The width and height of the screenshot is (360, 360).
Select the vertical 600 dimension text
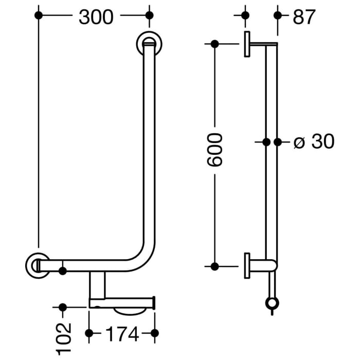(215, 149)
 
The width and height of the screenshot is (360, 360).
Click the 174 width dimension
(122, 334)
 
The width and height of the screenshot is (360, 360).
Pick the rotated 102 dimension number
(63, 339)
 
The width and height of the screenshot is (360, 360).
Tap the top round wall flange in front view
(149, 44)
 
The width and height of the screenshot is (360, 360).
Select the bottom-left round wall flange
(38, 265)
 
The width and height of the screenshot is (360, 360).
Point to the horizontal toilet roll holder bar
(122, 303)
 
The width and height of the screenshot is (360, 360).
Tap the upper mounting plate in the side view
(247, 44)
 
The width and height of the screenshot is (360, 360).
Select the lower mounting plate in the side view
(247, 265)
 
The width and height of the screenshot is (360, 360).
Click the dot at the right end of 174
(154, 333)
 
